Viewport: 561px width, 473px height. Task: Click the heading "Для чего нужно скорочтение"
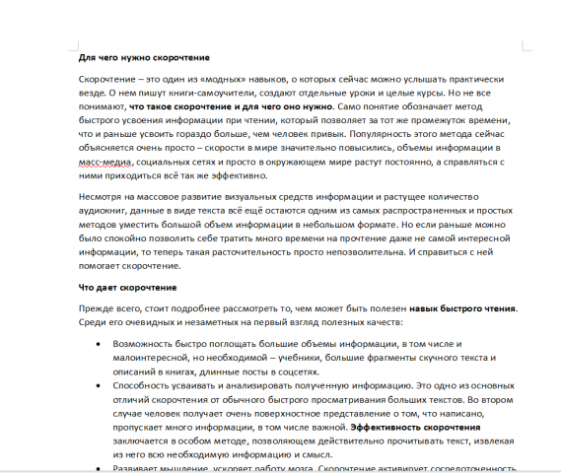pyautogui.click(x=144, y=57)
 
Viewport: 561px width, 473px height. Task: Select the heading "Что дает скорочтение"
pyautogui.click(x=127, y=287)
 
